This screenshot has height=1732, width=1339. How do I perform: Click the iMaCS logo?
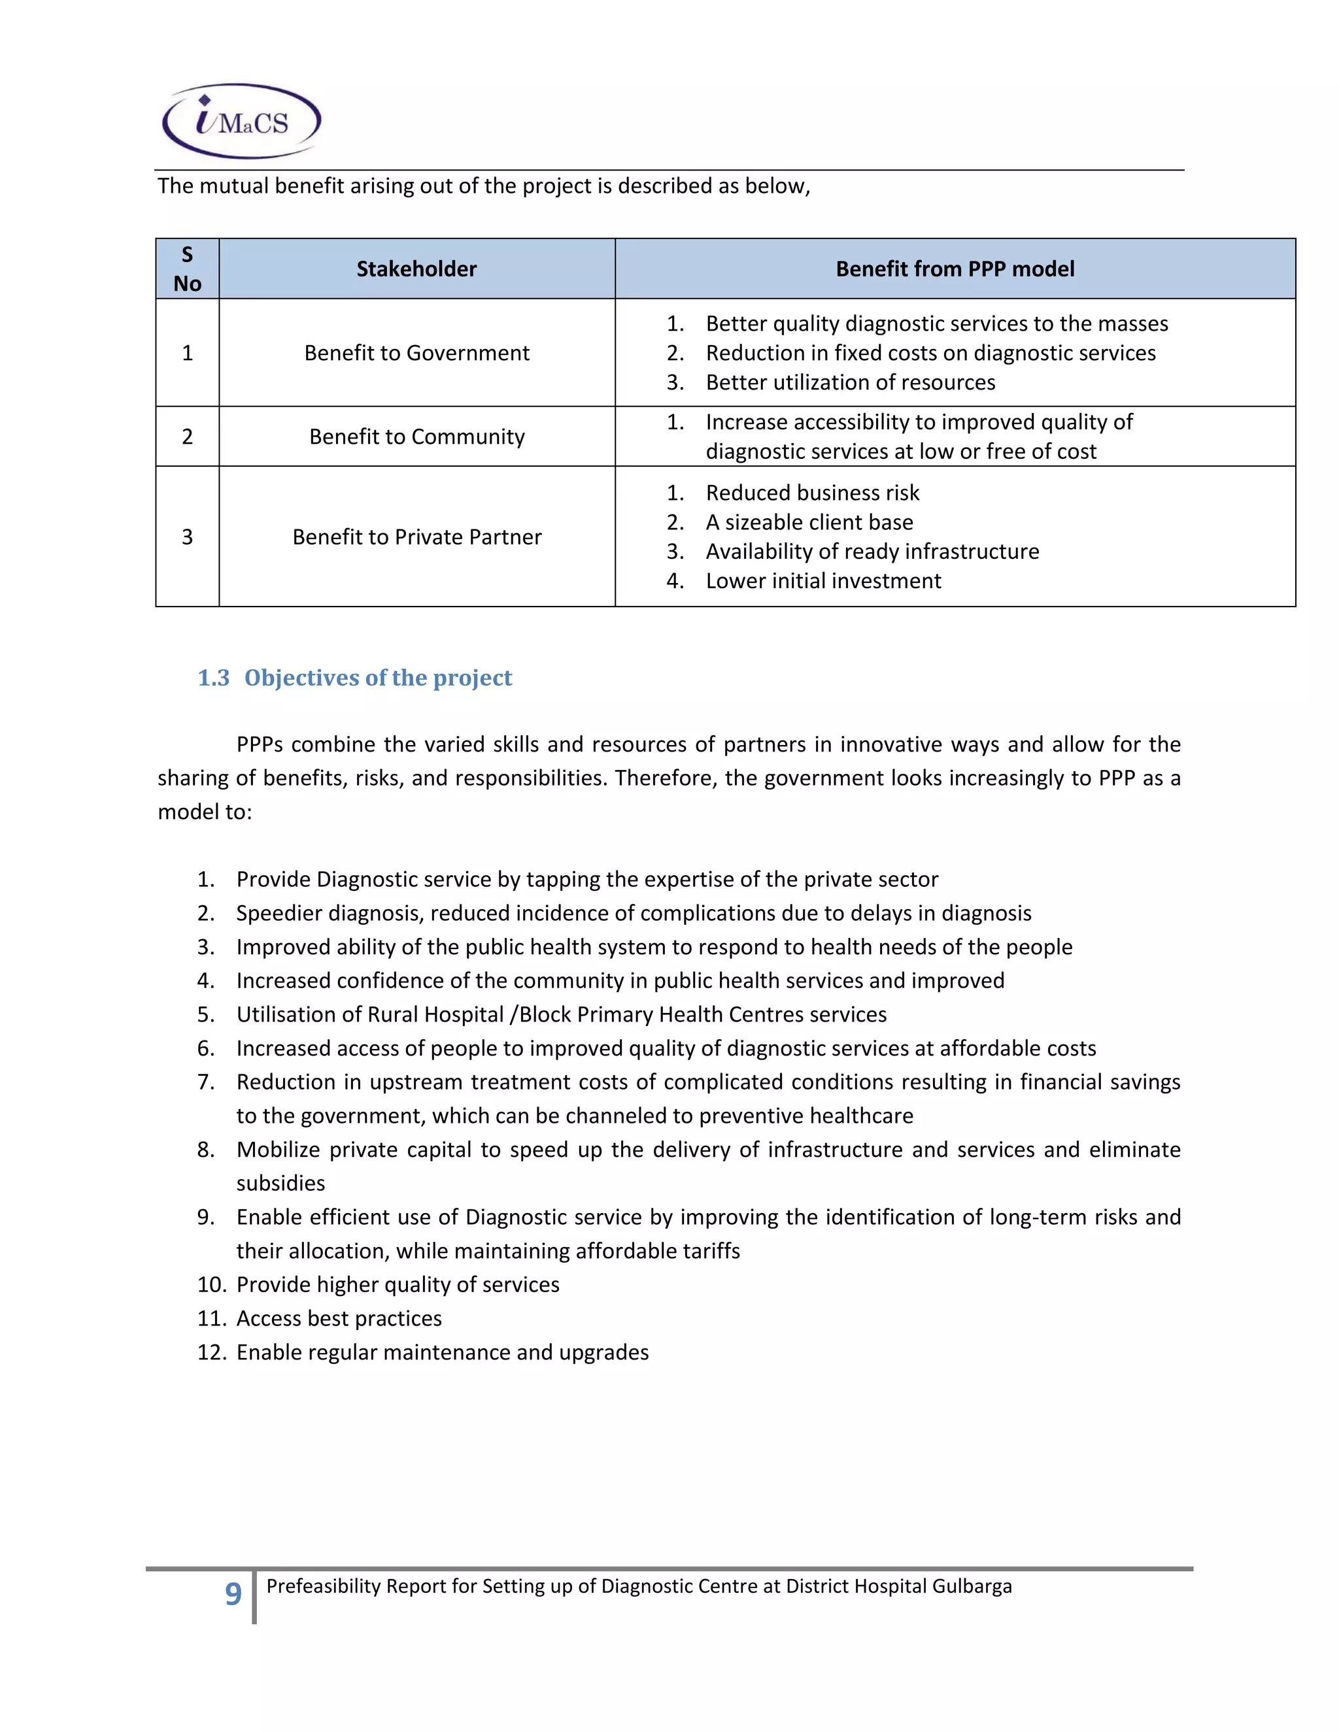coord(241,120)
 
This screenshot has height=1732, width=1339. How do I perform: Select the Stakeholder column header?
coord(416,269)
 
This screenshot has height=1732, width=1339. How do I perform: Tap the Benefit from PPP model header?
coord(955,269)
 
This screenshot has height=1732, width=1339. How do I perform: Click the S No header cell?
coord(187,269)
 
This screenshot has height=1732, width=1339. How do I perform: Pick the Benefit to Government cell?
coord(416,353)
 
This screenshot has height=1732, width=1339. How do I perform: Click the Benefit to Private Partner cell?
coord(416,537)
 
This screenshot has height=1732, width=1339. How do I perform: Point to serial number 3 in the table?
coord(187,537)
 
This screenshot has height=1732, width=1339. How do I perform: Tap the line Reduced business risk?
coord(812,493)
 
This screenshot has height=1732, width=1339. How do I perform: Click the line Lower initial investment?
coord(822,580)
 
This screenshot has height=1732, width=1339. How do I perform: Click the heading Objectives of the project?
coord(378,678)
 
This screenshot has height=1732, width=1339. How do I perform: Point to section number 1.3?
coord(213,678)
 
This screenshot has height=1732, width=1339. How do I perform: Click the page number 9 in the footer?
coord(232,1593)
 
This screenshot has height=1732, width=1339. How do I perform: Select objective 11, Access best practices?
coord(339,1318)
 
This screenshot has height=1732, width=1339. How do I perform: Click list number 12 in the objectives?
coord(212,1352)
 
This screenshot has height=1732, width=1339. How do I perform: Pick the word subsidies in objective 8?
coord(280,1183)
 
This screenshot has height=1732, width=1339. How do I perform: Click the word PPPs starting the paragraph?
coord(260,744)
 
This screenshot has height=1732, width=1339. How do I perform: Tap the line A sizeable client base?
coord(809,522)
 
